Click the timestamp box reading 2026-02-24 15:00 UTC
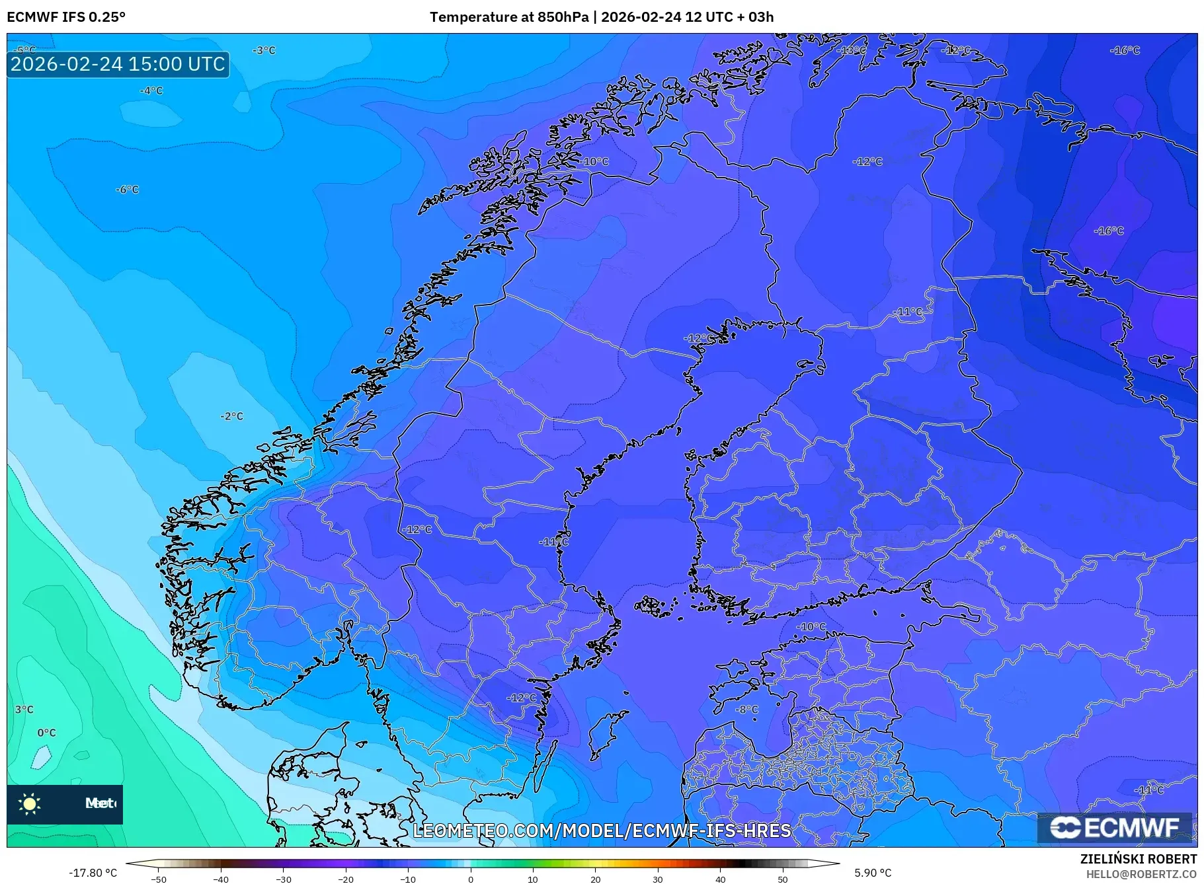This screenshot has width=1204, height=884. click(x=118, y=64)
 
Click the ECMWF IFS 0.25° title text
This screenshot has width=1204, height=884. click(x=66, y=17)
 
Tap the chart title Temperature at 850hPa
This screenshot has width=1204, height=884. click(x=508, y=17)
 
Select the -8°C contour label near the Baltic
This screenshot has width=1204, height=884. click(x=747, y=710)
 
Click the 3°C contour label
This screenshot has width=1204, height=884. click(x=24, y=710)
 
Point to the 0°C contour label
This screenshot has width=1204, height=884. click(x=46, y=733)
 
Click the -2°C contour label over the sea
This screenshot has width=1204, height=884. click(x=231, y=416)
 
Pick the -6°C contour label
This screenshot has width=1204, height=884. click(x=127, y=190)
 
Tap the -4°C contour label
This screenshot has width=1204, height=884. click(x=151, y=91)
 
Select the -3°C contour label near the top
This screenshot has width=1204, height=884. click(x=264, y=50)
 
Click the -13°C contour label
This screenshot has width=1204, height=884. click(x=851, y=50)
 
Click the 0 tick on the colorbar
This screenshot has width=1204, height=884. click(x=471, y=879)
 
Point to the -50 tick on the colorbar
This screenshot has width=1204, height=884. click(x=159, y=879)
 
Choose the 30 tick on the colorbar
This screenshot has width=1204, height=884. click(x=658, y=879)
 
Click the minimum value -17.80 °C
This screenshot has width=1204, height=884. click(x=93, y=873)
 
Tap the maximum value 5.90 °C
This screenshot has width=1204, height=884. click(x=873, y=873)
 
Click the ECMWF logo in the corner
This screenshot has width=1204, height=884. click(x=1115, y=828)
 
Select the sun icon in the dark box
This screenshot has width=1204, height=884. click(x=30, y=803)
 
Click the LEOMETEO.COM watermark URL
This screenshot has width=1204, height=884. click(x=602, y=830)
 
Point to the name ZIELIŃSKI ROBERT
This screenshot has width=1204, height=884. click(x=1138, y=859)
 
